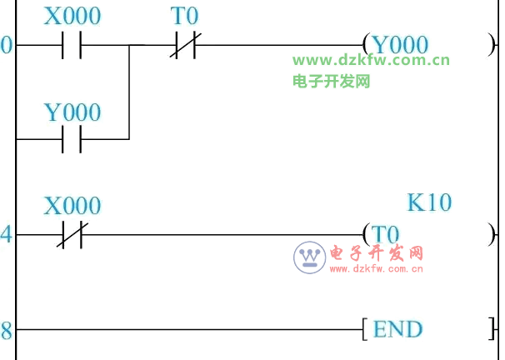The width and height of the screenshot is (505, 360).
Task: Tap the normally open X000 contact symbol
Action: [72, 46]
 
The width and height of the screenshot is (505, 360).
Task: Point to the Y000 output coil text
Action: [400, 45]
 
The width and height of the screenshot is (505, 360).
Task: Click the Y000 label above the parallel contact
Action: [72, 112]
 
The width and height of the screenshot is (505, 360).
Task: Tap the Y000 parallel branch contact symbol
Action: [72, 139]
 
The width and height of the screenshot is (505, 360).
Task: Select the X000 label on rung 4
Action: [72, 206]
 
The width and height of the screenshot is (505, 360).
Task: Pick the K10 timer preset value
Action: [429, 202]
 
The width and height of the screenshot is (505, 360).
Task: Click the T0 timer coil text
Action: [385, 234]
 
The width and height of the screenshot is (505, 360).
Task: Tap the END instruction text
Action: [397, 329]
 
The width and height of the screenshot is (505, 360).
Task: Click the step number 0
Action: [7, 46]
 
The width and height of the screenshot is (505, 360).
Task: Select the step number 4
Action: [7, 234]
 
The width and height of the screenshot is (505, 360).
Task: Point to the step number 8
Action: [7, 331]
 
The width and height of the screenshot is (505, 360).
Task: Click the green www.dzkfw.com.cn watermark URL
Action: [371, 60]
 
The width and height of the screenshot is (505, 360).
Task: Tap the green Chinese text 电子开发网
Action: [331, 81]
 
